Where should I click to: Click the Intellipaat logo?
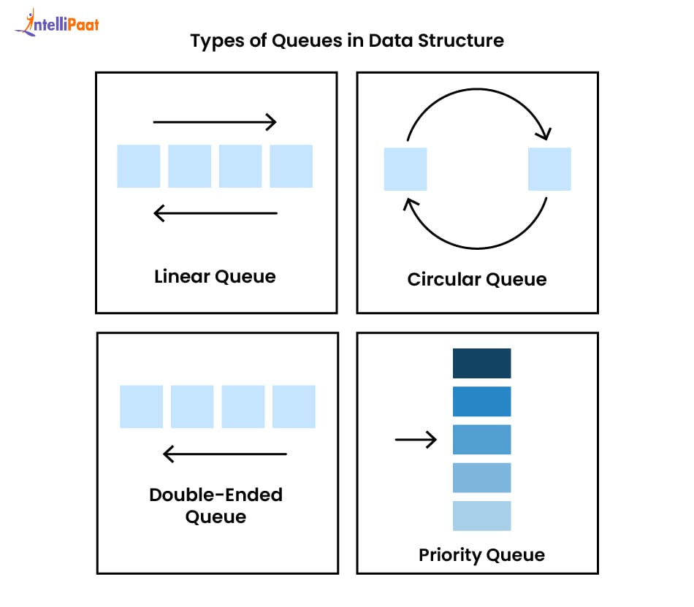coord(57,23)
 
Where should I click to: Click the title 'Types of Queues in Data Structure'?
coord(347,41)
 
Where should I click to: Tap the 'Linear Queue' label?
coord(215,277)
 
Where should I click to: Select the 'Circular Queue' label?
coord(477,279)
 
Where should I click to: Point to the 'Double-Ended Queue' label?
coord(216,505)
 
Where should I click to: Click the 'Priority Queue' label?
coord(482,555)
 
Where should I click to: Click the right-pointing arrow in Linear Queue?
coord(215,122)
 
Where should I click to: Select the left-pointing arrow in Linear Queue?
coord(216,213)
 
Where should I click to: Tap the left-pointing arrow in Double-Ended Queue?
coord(225,454)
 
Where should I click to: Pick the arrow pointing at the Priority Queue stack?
coord(416,439)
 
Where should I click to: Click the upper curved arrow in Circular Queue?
coord(477,89)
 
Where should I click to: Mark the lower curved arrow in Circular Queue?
coord(477,248)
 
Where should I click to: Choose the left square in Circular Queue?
coord(405,169)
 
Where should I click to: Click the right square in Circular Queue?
coord(549,169)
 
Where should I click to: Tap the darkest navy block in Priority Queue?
coord(482,363)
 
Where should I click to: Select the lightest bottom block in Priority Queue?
coord(482,516)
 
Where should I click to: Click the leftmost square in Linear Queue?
coord(139,166)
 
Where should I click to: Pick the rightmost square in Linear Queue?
coord(291,166)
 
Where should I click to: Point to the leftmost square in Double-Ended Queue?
coord(141,407)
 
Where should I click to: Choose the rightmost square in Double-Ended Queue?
coord(294,407)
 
